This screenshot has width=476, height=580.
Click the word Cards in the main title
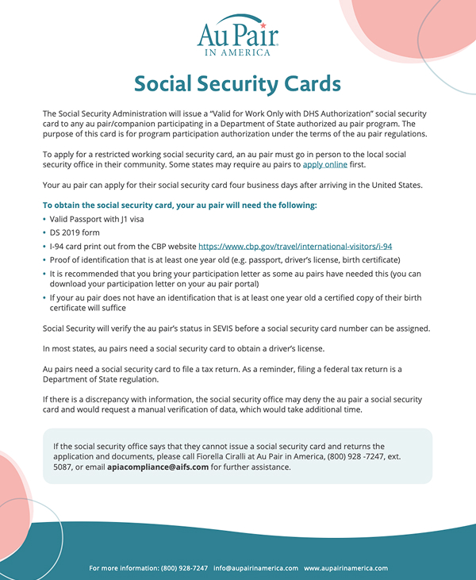point(313,83)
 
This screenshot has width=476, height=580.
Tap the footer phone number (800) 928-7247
point(184,568)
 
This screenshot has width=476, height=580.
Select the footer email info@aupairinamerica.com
point(255,568)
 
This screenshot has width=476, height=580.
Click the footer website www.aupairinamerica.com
point(346,568)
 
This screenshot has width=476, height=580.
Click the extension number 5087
point(63,467)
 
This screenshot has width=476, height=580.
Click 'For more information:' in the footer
point(123,568)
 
